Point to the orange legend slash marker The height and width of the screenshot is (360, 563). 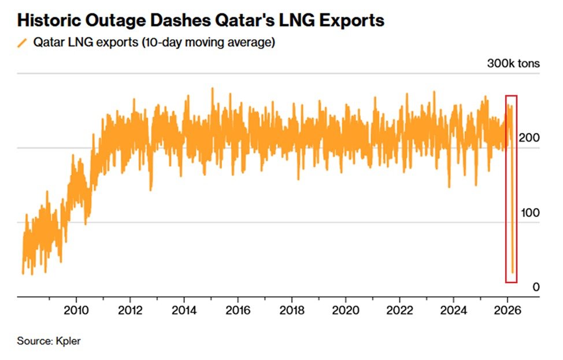tap(22, 43)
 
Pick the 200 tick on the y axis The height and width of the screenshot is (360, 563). tap(531, 139)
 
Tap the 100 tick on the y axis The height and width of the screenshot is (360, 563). tap(531, 213)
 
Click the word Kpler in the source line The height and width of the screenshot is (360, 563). tap(69, 341)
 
